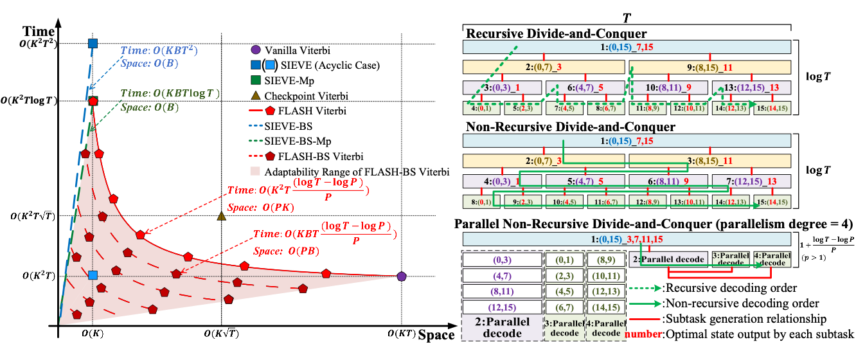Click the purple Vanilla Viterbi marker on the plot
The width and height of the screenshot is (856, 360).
tap(402, 276)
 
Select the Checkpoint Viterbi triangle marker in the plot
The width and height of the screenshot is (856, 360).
tap(222, 216)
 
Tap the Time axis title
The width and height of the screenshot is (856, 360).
tap(37, 32)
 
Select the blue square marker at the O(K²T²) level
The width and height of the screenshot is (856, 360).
tap(93, 44)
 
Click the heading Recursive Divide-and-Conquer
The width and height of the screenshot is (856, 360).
tap(557, 33)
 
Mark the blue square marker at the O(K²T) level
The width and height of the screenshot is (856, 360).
tap(93, 275)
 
